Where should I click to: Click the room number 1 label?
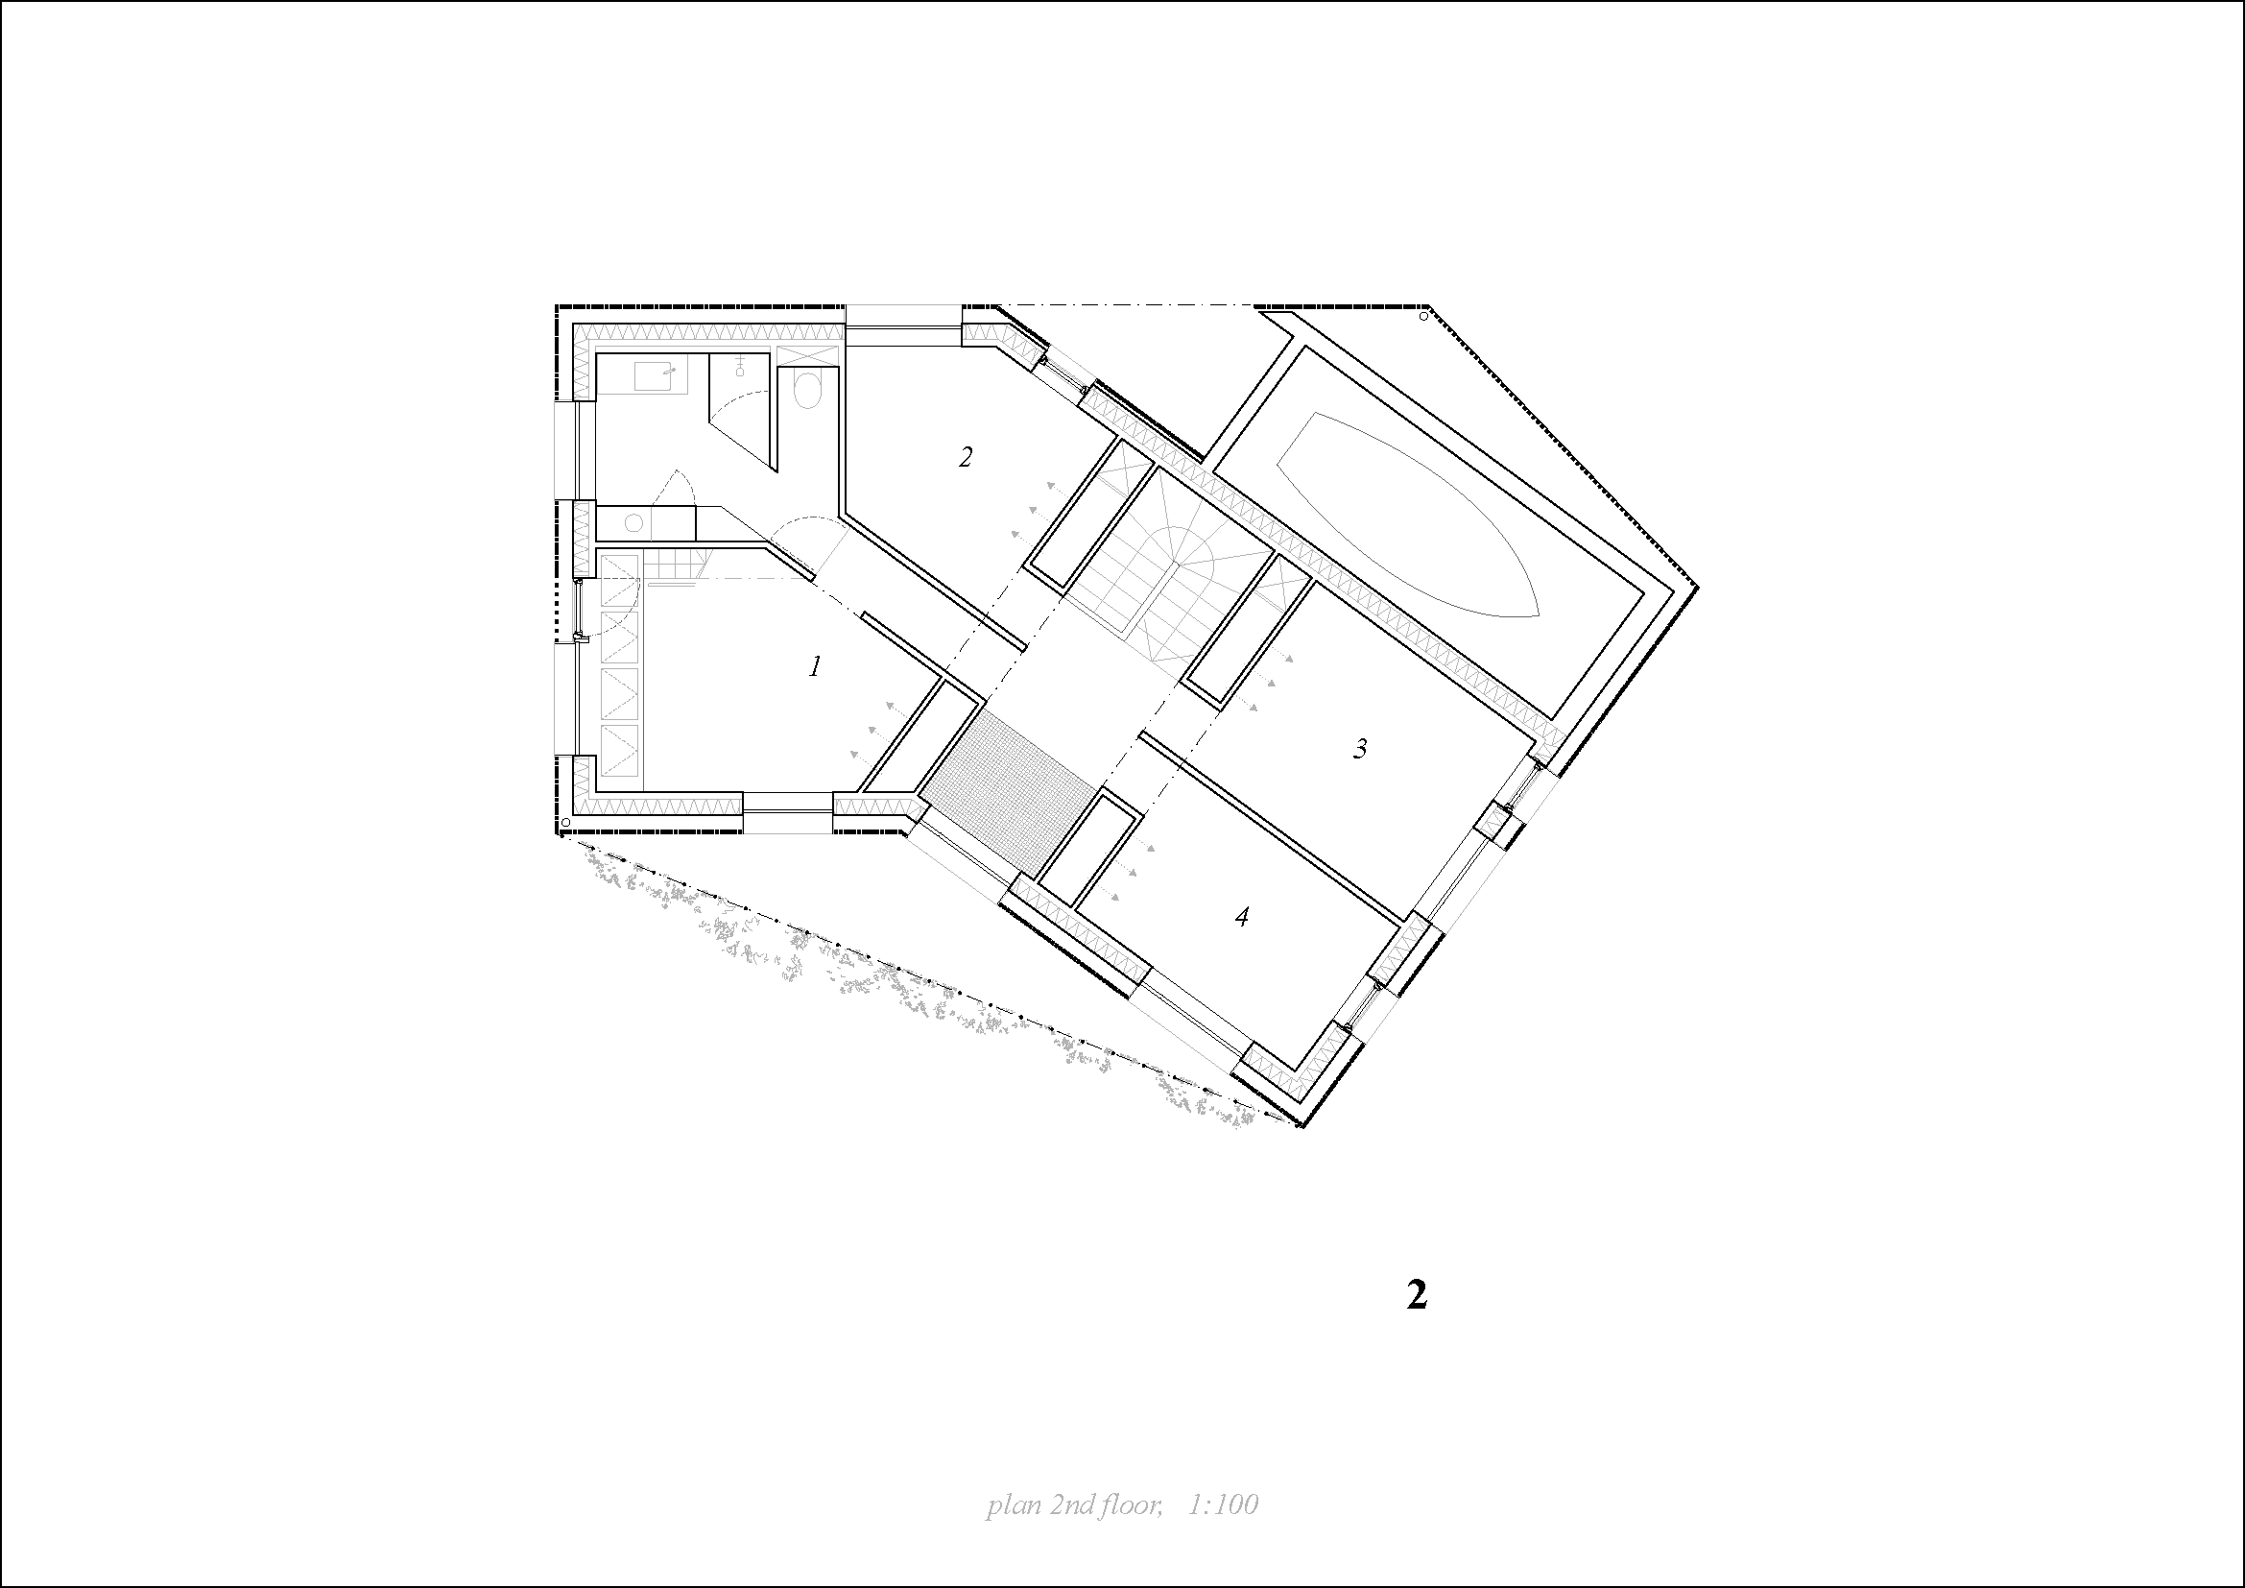pos(815,667)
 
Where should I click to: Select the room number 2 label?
pos(967,457)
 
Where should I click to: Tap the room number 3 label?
pos(1360,749)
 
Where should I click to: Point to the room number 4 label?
pos(1242,917)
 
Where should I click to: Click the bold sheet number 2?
pos(1417,1294)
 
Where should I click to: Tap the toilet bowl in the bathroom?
pos(808,391)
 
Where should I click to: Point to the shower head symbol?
pos(740,366)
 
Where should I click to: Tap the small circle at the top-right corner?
pos(1423,316)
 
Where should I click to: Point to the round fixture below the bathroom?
pos(633,523)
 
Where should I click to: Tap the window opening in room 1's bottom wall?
pos(788,810)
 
